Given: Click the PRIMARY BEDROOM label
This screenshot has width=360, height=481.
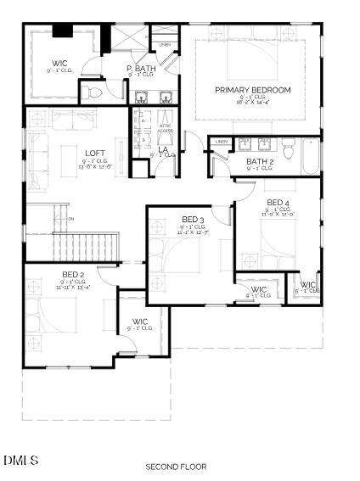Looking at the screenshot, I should point(252,90).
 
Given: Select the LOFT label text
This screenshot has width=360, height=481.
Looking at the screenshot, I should point(95,154).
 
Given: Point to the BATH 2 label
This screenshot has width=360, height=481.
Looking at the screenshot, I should point(260,161).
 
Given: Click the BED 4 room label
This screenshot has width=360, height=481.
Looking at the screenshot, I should point(278,202).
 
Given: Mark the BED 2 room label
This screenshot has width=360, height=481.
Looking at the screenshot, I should point(73,274).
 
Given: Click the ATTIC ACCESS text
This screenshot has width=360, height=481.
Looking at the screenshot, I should point(166,128).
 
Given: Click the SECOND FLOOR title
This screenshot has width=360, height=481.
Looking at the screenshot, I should point(177,467).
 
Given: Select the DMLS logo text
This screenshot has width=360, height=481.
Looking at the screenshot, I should point(20,460).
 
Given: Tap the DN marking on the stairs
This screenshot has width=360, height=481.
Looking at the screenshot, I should point(71,219).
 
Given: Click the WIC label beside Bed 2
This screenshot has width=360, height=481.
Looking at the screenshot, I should point(140,322).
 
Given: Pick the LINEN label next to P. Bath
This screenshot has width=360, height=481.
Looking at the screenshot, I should point(165,44).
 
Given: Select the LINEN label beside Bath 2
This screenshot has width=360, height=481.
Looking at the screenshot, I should point(222,141).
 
